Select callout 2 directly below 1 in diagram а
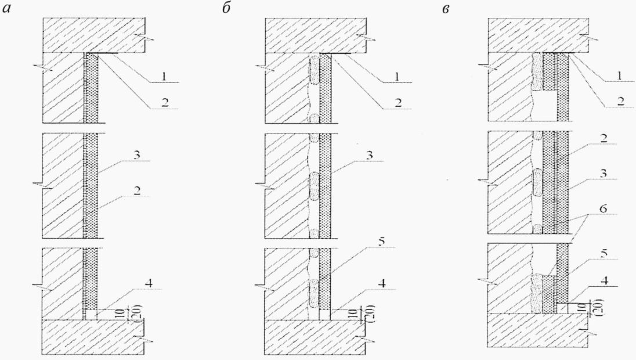tap(164, 102)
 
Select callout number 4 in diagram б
tap(368, 283)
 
